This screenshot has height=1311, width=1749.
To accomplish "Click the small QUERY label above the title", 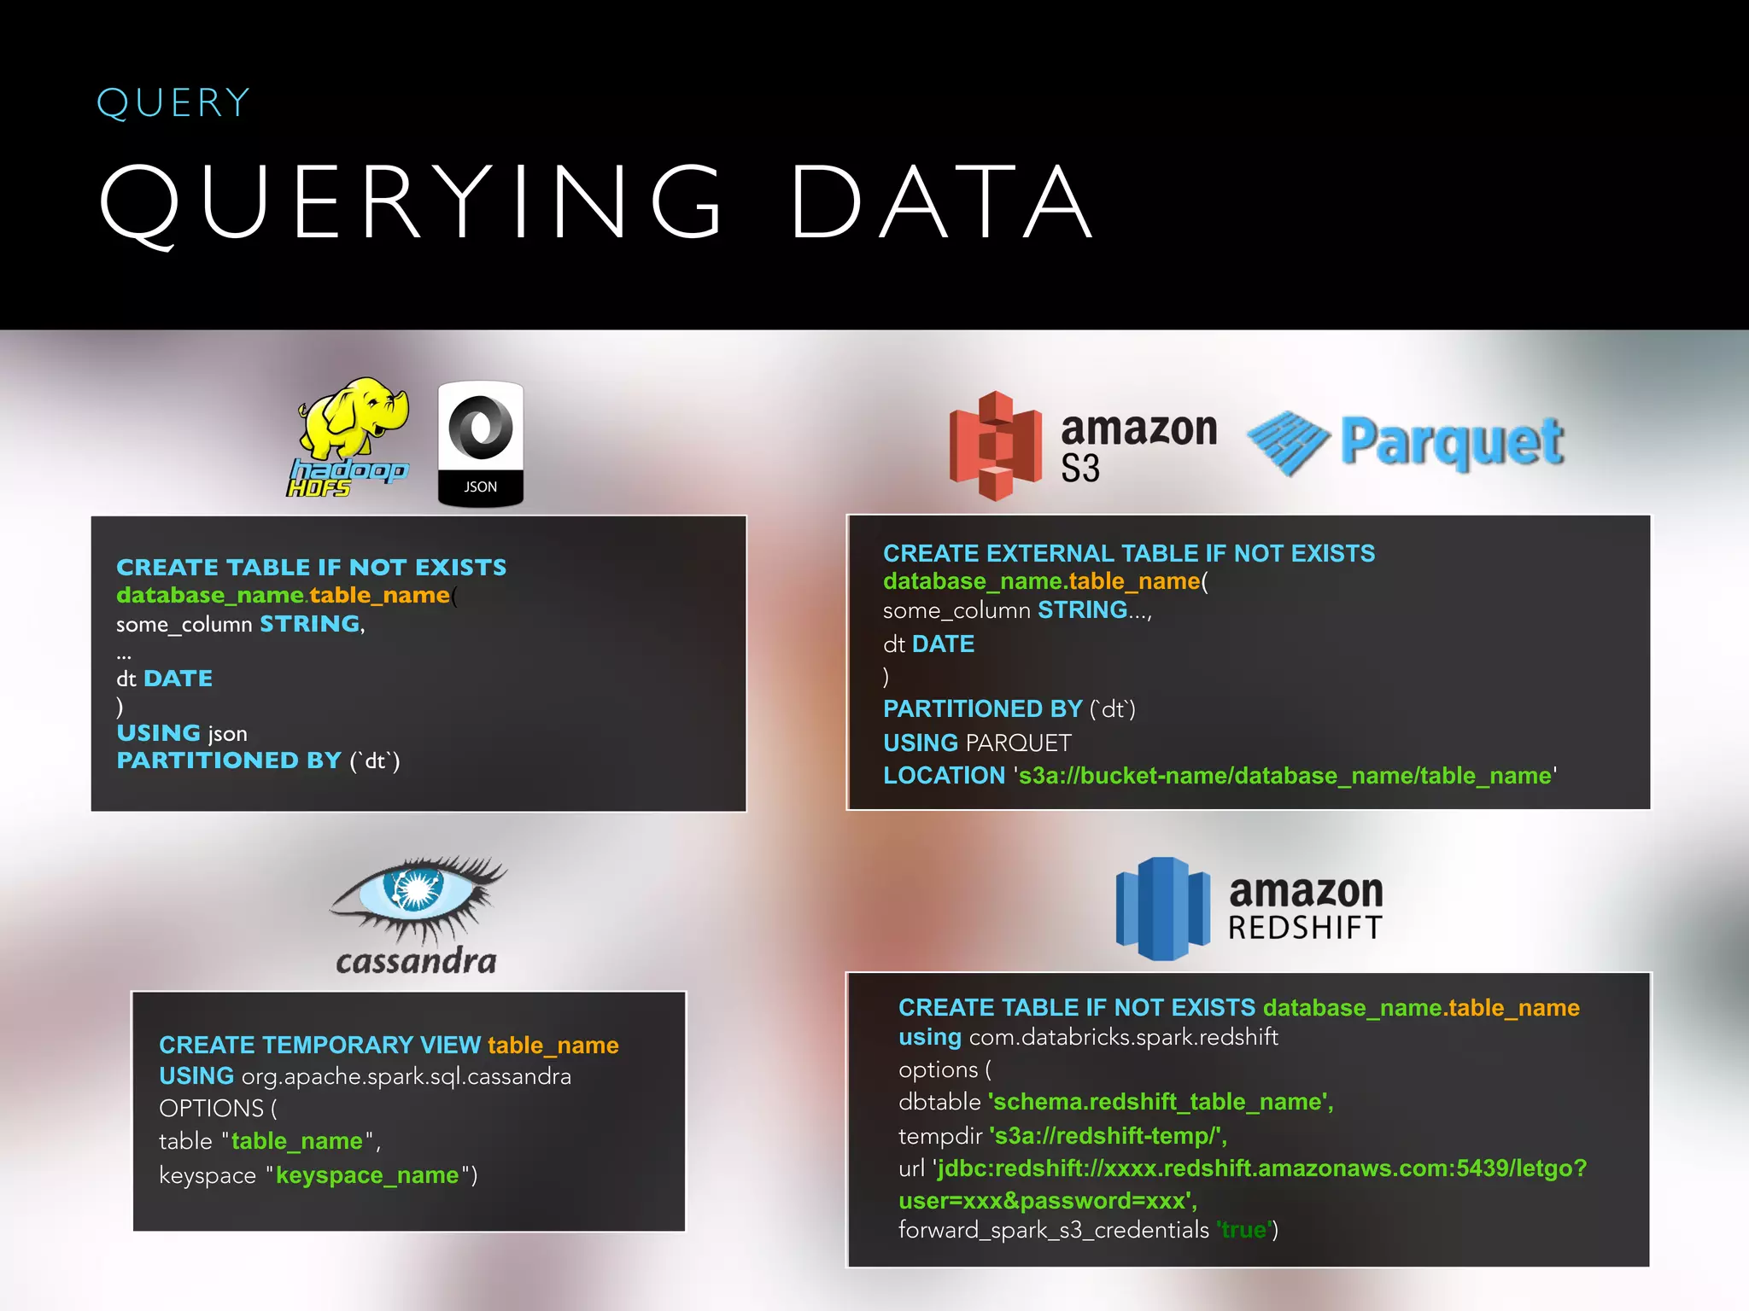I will tap(173, 103).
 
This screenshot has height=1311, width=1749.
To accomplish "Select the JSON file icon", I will tap(480, 443).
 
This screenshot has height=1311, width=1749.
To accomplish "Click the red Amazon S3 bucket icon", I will tap(995, 446).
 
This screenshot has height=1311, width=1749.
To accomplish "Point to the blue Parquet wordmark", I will tap(1452, 442).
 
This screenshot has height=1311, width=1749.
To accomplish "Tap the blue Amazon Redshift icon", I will tap(1162, 908).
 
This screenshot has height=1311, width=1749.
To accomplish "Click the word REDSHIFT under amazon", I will tap(1305, 928).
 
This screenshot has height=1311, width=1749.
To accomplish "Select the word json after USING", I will tap(227, 734).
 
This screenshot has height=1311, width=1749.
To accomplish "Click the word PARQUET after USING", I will tap(1018, 743).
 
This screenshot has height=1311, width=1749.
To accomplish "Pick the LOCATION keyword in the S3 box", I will tap(944, 776).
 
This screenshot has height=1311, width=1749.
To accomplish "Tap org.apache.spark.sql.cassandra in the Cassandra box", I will tap(407, 1076).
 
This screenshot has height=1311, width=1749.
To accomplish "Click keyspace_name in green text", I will tap(367, 1175).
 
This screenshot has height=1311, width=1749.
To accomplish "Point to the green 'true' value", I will tap(1243, 1230).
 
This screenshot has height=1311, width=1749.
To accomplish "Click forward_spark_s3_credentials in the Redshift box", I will tap(1053, 1230).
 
